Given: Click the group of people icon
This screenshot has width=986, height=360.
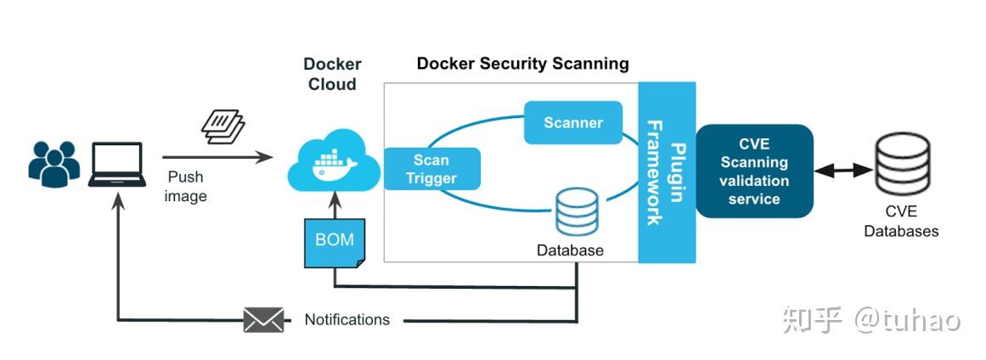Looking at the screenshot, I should (x=54, y=162).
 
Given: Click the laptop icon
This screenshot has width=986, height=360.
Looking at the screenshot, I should (x=116, y=164).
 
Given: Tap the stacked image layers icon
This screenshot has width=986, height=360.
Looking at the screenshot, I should (x=223, y=124).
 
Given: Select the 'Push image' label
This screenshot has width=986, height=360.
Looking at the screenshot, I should (x=186, y=187).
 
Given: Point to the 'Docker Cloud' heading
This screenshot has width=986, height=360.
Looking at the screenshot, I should (x=332, y=74).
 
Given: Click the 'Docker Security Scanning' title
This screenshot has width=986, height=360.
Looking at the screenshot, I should (x=522, y=64).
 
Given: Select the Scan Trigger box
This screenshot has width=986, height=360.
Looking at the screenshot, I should (x=431, y=169).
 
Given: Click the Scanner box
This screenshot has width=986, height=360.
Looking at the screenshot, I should (x=573, y=123).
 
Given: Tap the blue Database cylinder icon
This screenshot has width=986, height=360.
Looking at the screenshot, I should (x=578, y=211).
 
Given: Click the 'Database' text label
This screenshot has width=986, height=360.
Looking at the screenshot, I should (x=570, y=250).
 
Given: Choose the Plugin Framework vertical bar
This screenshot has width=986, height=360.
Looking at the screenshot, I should (x=667, y=172).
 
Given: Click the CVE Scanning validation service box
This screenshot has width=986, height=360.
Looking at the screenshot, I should (x=754, y=172).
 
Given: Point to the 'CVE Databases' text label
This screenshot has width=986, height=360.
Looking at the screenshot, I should (x=901, y=222).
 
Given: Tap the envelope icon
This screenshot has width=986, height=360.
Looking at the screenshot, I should (x=263, y=320).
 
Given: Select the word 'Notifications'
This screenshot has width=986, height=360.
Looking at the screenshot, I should (x=347, y=320).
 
